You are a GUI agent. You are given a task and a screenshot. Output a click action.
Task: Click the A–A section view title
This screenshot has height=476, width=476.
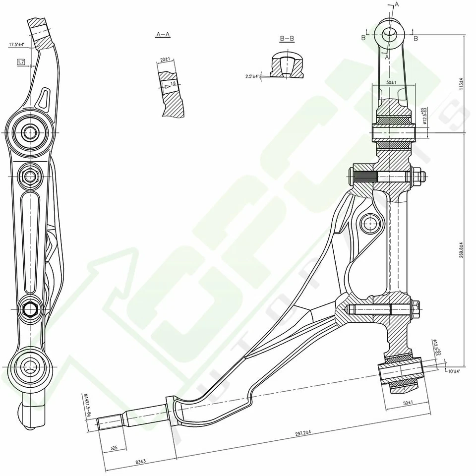tap(163, 35)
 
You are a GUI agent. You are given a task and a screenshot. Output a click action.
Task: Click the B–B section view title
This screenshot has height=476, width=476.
tap(287, 38)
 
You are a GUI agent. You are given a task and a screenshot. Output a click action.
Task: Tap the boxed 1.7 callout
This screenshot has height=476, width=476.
tap(21, 62)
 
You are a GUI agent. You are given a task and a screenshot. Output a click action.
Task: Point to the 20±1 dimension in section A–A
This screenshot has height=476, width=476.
tap(165, 59)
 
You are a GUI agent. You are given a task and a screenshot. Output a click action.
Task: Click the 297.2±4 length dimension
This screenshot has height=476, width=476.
tap(302, 433)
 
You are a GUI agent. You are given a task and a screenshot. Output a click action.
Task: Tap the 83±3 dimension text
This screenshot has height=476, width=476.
tap(140, 462)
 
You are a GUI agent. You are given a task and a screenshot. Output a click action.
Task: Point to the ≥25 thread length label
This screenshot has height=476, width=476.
tap(114, 448)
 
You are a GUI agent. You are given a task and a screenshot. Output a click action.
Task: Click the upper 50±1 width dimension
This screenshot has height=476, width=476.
tap(391, 82)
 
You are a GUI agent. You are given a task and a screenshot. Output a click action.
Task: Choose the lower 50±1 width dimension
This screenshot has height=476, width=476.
tap(408, 404)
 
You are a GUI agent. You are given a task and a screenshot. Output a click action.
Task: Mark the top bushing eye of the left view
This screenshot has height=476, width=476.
tap(31, 132)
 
